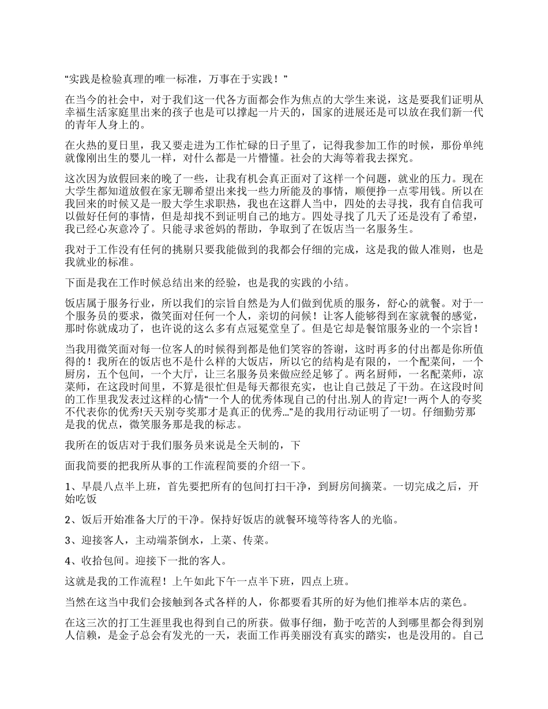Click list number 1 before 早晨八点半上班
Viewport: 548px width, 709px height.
(68, 486)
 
